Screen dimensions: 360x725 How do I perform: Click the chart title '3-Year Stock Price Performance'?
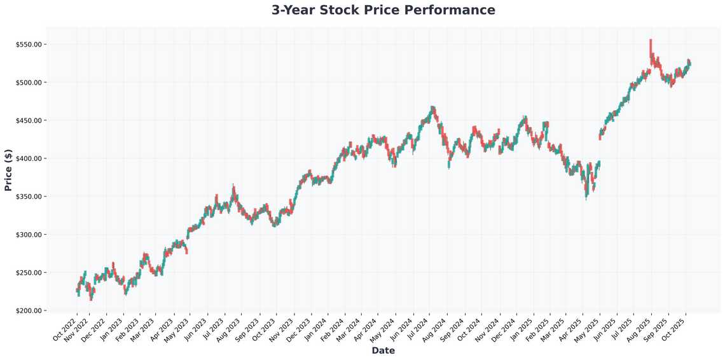click(383, 10)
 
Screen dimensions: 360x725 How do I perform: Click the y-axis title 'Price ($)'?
click(8, 171)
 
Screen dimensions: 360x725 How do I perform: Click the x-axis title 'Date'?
click(383, 350)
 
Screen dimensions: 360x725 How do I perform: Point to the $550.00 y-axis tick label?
click(29, 45)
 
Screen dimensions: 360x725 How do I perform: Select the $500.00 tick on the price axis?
click(29, 83)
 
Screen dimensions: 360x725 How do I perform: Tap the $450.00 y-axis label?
click(29, 121)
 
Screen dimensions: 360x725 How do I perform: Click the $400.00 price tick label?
click(29, 158)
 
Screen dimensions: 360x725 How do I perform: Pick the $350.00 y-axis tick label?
click(29, 197)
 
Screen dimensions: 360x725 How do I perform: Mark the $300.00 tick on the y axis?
click(29, 235)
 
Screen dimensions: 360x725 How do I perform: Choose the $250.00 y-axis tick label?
click(29, 273)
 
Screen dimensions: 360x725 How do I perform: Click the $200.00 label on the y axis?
click(29, 310)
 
